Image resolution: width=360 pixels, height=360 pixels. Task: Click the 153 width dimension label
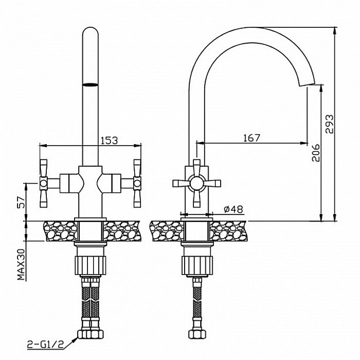tap(109, 140)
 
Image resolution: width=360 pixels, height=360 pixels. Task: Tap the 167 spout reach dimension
tap(251, 138)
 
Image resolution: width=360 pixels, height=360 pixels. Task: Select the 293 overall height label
tap(329, 124)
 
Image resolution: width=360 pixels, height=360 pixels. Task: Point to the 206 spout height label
tap(316, 153)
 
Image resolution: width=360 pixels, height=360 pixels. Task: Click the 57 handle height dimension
tap(22, 202)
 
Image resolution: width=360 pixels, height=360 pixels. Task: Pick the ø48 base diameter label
tap(233, 209)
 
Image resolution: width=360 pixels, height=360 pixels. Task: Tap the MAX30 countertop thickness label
tap(22, 264)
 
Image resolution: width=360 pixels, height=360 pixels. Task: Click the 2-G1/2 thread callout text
tap(45, 345)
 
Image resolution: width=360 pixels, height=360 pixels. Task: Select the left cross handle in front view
tap(44, 184)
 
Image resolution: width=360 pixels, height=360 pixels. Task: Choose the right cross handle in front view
tap(137, 184)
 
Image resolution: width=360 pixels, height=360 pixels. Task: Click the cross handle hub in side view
tap(196, 183)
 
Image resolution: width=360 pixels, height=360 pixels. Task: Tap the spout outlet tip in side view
tap(307, 85)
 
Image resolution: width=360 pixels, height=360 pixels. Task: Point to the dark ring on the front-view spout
tap(90, 85)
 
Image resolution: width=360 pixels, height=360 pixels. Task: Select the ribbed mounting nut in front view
tap(90, 265)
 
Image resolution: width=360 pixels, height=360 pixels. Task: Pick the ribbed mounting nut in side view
tap(197, 265)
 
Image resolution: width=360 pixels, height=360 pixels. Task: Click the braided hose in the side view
tap(197, 303)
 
